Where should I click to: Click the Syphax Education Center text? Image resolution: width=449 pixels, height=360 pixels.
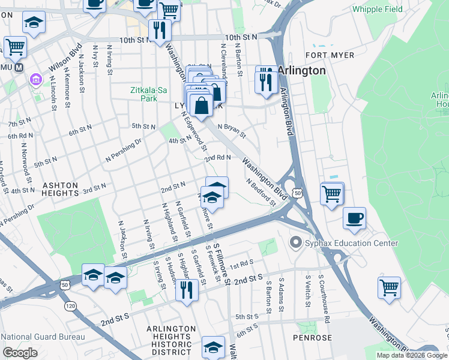tap(351, 243)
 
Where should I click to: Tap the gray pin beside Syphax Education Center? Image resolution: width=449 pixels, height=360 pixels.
tap(295, 243)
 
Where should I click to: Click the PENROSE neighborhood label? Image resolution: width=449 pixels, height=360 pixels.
tap(313, 338)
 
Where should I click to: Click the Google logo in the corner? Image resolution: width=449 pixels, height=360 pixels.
tap(20, 353)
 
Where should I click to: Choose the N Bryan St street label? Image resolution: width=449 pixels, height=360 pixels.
tap(232, 130)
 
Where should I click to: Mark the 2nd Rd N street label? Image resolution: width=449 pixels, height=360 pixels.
tap(217, 158)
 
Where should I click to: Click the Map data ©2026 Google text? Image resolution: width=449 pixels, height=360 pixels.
tap(412, 355)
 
